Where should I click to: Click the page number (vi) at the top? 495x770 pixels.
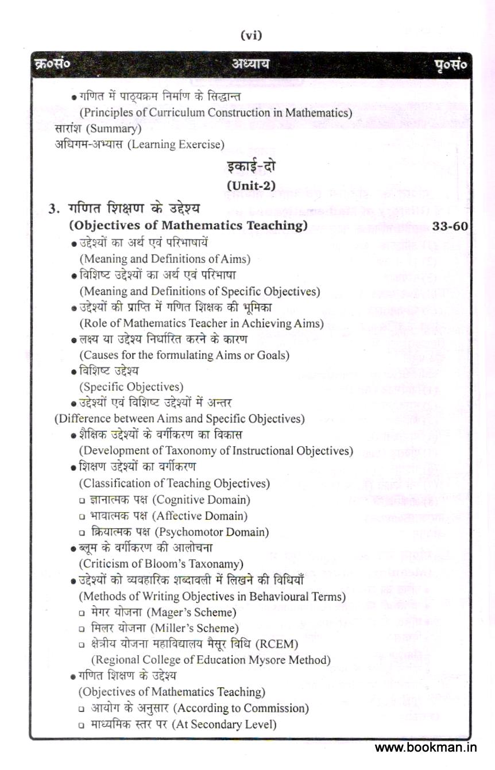point(251,36)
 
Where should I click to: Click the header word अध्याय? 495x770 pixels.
point(250,65)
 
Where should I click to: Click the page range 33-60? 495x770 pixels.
point(450,226)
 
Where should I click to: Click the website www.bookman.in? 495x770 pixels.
point(426,748)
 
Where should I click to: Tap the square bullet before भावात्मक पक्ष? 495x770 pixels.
point(82,517)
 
